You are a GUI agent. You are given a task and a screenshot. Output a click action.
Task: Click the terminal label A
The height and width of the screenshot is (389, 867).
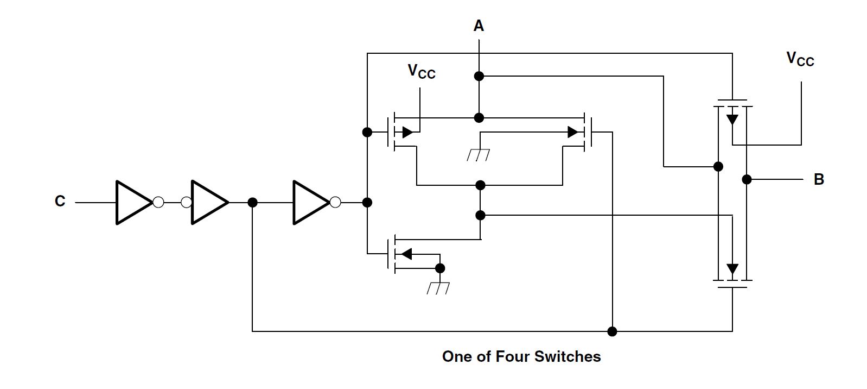coord(479,26)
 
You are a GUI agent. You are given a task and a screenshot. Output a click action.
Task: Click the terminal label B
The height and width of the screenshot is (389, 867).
coord(819,179)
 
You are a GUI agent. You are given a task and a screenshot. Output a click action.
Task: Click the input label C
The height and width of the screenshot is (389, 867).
coord(60,202)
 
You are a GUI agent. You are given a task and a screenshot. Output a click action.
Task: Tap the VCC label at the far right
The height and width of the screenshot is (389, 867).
coord(800,59)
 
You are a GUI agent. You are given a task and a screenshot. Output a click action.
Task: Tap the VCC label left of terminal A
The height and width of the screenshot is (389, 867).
coord(422,71)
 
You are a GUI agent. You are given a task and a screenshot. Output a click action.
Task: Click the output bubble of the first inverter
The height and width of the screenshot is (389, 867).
coord(158,202)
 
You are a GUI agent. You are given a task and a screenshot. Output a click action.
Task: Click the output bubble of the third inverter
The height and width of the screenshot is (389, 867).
coord(335,202)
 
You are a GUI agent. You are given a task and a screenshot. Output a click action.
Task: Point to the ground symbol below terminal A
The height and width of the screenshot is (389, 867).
coord(479,155)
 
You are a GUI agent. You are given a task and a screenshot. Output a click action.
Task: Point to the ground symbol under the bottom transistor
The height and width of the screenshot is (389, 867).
coord(438,288)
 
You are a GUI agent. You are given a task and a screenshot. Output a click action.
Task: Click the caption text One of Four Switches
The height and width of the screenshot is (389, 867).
coord(521,356)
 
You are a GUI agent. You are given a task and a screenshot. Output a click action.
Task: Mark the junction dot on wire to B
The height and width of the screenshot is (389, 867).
coord(747,179)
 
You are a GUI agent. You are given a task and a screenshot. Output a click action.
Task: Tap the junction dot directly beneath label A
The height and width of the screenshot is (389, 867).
coord(479,76)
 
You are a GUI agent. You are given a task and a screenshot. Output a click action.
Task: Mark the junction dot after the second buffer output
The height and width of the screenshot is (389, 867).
coord(252,202)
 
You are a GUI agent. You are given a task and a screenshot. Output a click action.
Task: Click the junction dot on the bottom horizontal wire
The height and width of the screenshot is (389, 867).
coord(612,331)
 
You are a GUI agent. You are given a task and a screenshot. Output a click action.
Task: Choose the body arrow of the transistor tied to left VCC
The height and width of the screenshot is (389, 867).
coord(407,132)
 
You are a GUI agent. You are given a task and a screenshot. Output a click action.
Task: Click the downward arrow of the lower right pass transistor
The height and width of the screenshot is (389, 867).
coord(732,269)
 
